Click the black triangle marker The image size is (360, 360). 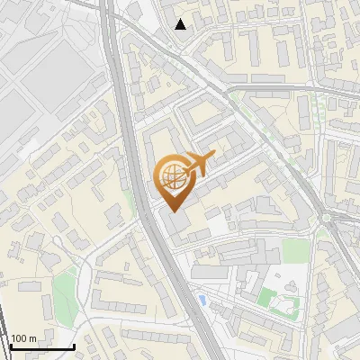point(181,24)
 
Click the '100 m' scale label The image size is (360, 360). point(24,338)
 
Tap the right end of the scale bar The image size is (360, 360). point(74,347)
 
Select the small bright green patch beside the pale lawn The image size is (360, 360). point(266,296)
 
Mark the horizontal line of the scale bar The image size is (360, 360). point(41,347)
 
